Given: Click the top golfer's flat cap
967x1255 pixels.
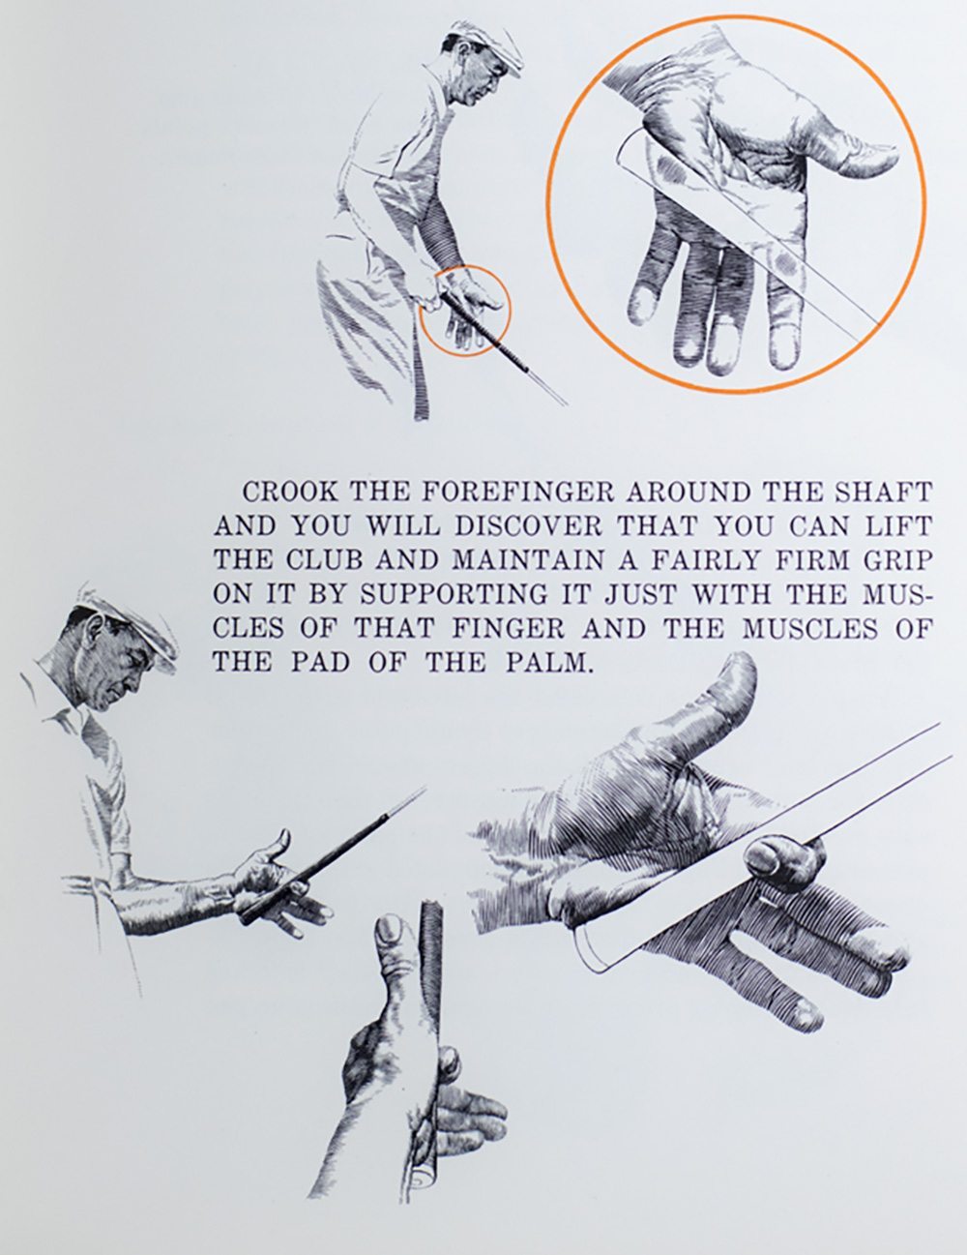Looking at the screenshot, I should [x=490, y=41].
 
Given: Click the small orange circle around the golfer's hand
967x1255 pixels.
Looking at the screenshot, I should [x=465, y=309].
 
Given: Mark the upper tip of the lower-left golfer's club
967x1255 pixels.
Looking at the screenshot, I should [x=425, y=788].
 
